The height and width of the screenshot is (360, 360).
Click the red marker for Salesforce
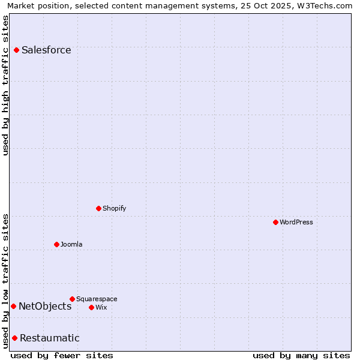[x=16, y=50]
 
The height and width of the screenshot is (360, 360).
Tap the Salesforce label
[x=46, y=50]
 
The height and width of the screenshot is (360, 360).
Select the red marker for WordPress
[x=275, y=222]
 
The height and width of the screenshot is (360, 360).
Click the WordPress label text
[x=296, y=222]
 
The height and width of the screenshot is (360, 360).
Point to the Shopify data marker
[x=98, y=208]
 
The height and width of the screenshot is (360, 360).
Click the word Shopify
[x=114, y=208]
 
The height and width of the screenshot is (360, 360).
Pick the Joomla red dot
[x=56, y=244]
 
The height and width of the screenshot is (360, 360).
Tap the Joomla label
[x=71, y=244]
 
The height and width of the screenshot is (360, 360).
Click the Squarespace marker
[x=72, y=299]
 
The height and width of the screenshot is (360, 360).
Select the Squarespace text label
[x=97, y=299]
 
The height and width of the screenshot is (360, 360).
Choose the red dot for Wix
[x=91, y=307]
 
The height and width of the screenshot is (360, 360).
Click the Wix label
[x=101, y=307]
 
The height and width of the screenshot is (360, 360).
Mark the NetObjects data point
[x=13, y=307]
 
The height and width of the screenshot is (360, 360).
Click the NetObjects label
[x=45, y=307]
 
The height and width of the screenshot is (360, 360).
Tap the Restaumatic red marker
[x=14, y=338]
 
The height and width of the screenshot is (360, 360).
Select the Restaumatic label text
[x=49, y=338]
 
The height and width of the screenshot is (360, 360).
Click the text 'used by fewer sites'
[x=62, y=355]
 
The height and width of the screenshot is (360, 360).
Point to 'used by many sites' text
[x=301, y=355]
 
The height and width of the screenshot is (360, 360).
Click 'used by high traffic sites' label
[x=6, y=85]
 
